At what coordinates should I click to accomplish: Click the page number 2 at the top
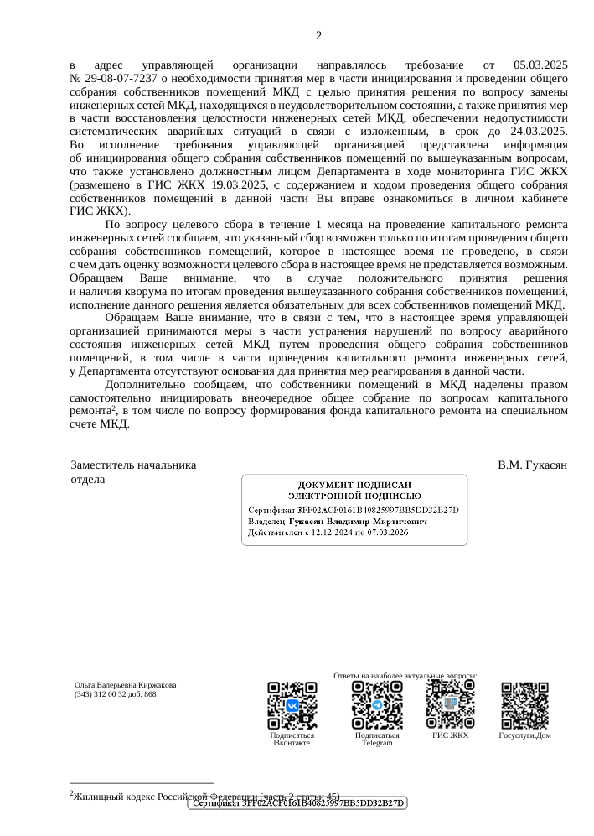[x=318, y=36]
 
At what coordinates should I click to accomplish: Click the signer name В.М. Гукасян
[x=533, y=465]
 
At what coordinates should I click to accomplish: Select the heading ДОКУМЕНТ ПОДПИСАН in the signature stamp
[x=355, y=486]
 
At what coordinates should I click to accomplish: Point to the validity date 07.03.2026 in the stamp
[x=358, y=533]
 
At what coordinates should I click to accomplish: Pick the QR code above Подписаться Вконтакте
[x=292, y=704]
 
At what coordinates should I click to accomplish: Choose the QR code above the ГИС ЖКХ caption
[x=450, y=704]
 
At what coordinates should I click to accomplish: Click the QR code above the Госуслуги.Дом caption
[x=524, y=704]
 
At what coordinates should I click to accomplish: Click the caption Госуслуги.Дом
[x=524, y=735]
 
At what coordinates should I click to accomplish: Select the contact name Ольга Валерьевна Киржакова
[x=125, y=685]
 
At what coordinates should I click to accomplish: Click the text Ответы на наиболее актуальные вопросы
[x=405, y=675]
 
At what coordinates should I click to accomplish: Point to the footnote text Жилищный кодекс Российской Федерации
[x=168, y=796]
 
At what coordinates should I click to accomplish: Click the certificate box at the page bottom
[x=295, y=803]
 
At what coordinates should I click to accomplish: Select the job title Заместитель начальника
[x=134, y=465]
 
